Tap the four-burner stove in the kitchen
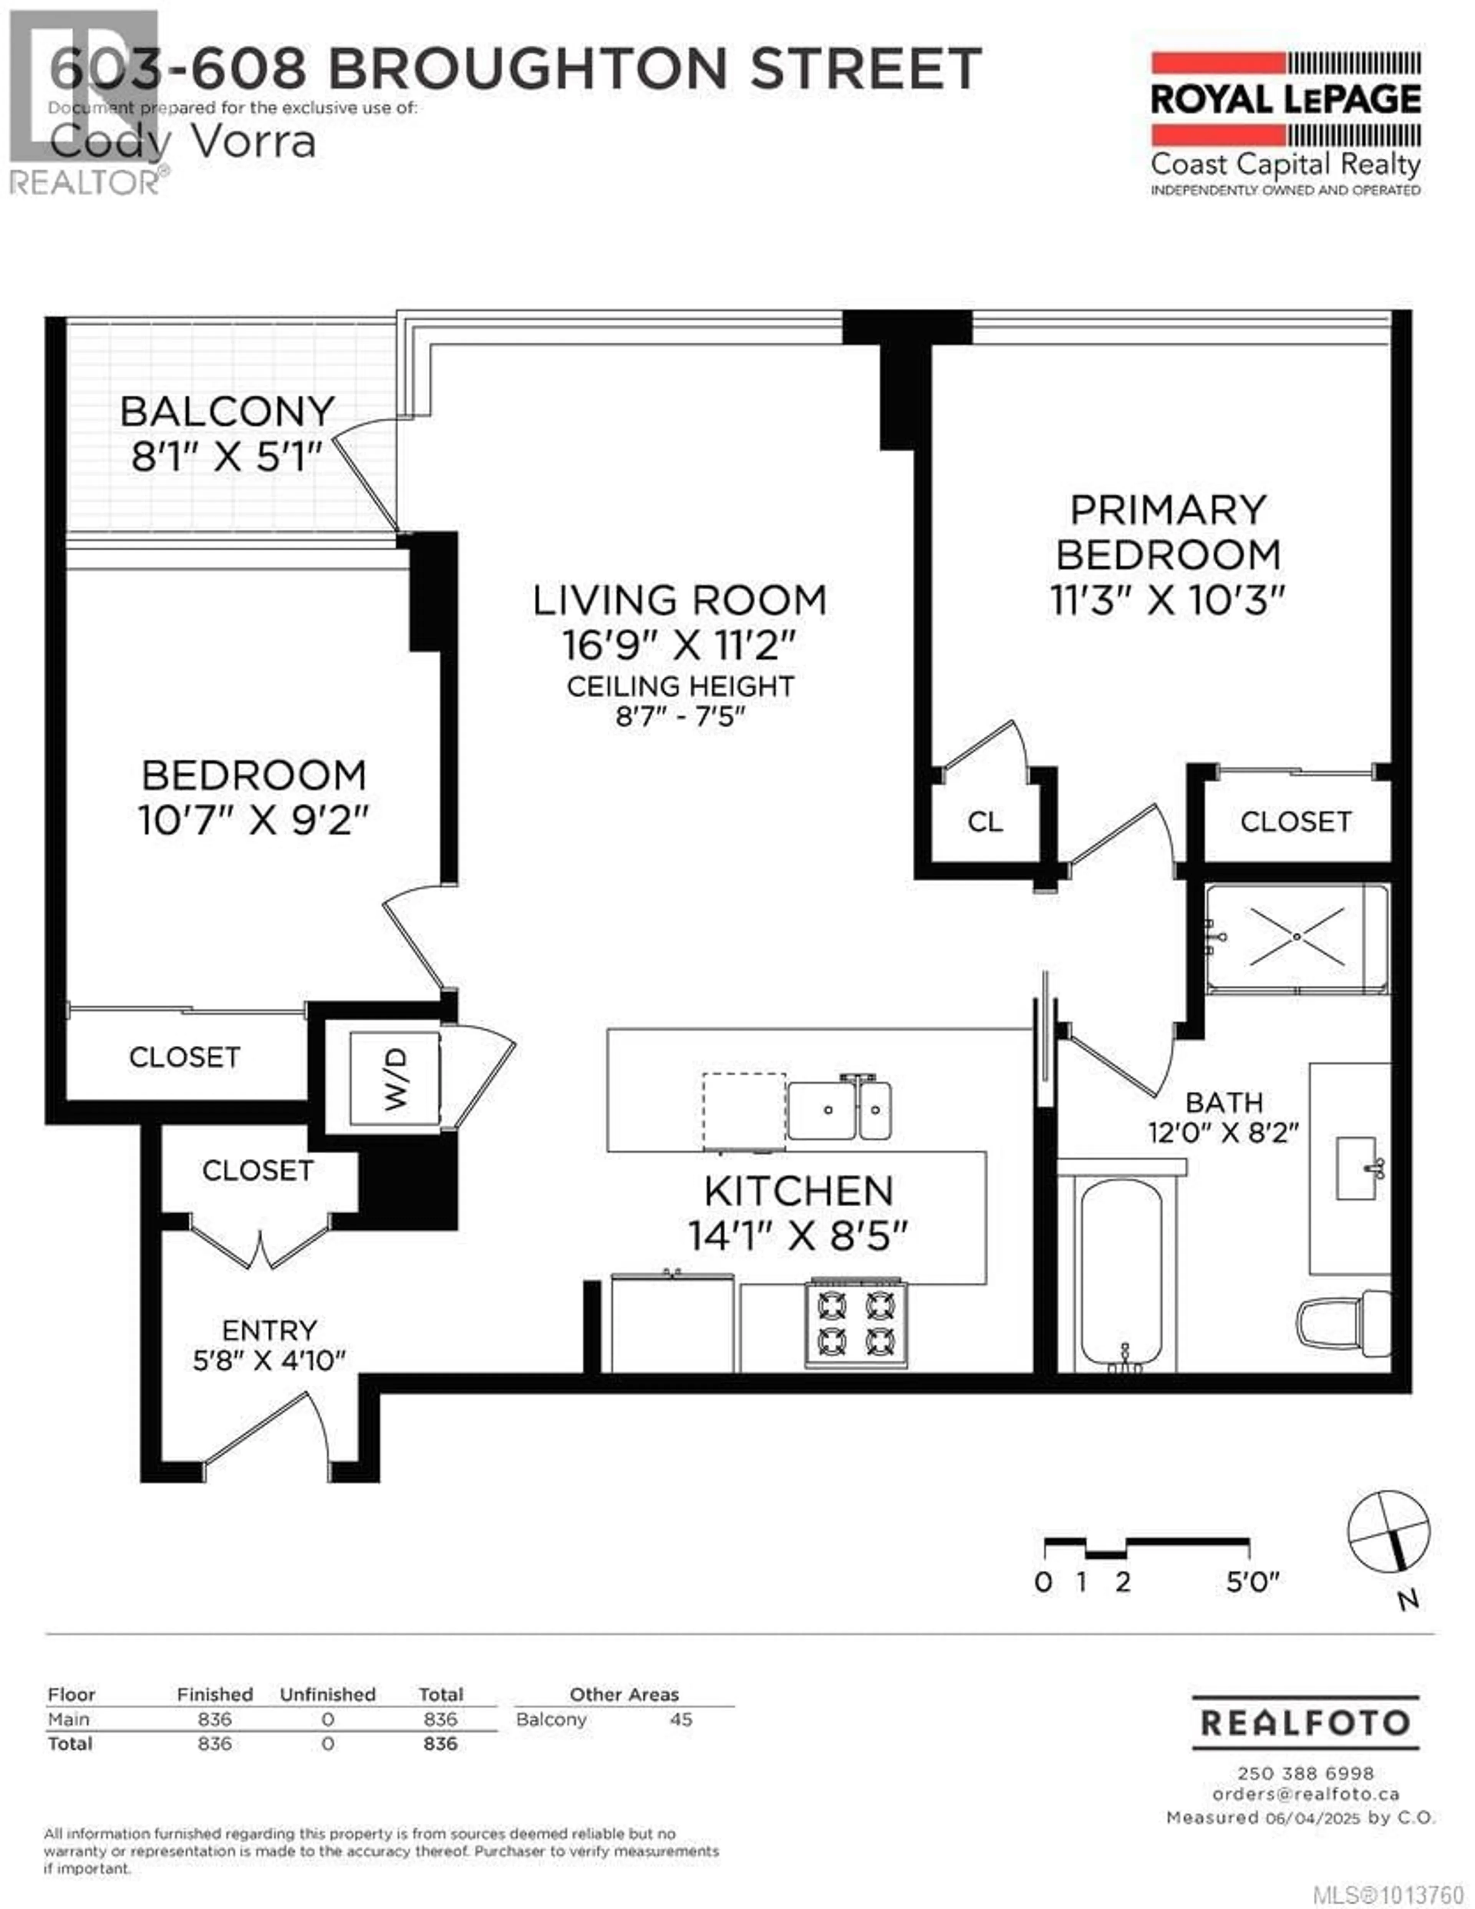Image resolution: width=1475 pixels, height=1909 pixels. click(856, 1324)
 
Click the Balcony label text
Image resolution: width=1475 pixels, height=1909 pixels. click(227, 411)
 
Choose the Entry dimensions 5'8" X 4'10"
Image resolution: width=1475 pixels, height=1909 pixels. click(269, 1360)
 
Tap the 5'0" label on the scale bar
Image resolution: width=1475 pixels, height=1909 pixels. click(1252, 1582)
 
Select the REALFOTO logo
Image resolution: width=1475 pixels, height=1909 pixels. click(1306, 1723)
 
